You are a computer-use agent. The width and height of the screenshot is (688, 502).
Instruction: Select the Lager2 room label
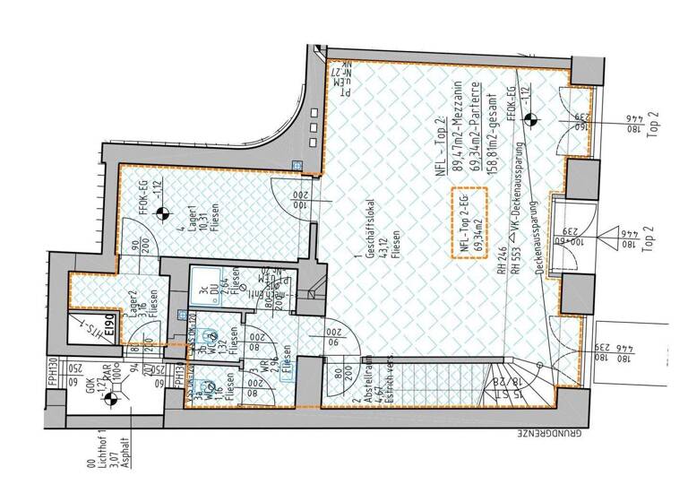pos(89,304)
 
